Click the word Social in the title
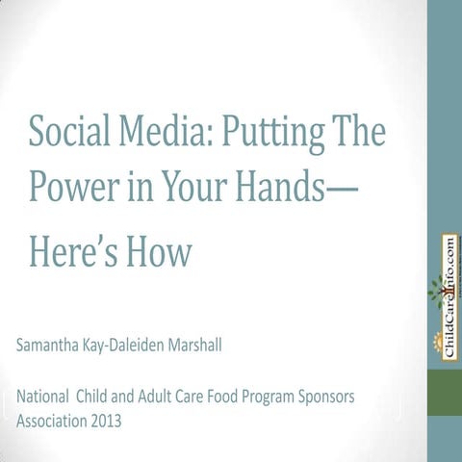coord(68,132)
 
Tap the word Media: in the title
coord(164,132)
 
